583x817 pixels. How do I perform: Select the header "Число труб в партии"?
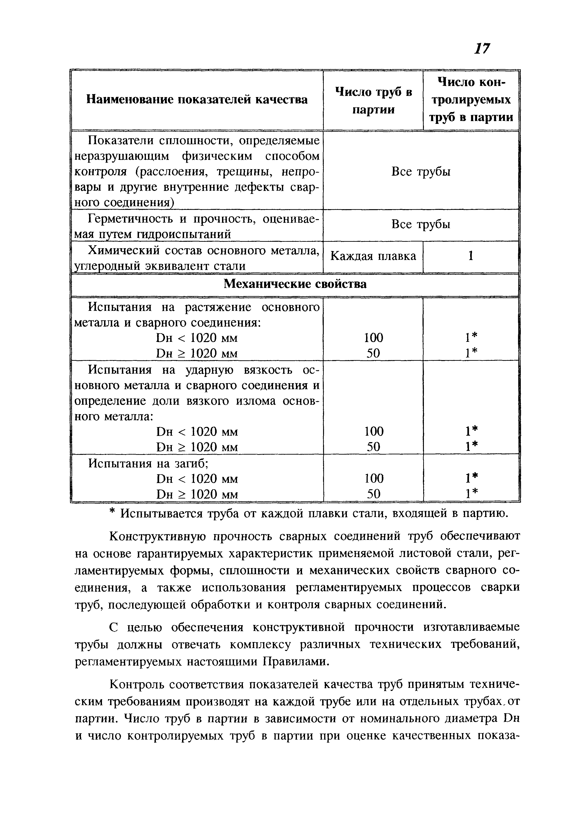373,101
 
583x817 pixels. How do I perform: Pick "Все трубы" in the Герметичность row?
421,225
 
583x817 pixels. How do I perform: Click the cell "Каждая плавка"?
373,256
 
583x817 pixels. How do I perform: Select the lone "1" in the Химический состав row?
471,256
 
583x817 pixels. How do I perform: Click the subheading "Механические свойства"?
295,284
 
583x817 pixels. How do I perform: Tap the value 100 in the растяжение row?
373,338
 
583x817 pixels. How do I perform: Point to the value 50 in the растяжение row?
373,353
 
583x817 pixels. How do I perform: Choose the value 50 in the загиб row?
373,494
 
